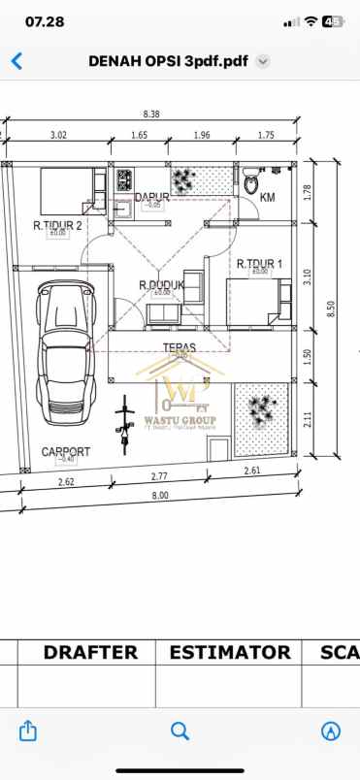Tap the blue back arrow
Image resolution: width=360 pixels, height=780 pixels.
pos(16,60)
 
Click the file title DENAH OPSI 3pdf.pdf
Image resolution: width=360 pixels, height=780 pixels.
pos(168,60)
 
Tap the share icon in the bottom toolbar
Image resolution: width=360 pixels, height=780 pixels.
pos(28,731)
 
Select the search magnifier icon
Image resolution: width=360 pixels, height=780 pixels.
pos(180,731)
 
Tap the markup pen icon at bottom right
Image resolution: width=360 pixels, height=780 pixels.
pos(331,731)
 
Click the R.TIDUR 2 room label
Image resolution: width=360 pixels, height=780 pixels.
pos(57,225)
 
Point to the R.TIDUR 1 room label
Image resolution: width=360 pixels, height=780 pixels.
pos(259,264)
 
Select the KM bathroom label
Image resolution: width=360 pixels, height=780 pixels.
pos(269,198)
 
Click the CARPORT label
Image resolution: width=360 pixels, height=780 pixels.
pos(66,452)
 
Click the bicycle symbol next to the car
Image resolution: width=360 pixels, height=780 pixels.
pos(123,427)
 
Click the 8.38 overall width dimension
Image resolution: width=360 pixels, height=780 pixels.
pos(151,114)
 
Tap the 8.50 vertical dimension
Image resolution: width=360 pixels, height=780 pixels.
pos(331,309)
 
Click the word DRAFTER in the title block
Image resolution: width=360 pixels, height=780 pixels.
pos(90,653)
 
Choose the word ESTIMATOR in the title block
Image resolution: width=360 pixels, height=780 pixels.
pos(230,653)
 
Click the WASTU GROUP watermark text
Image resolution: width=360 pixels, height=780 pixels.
pos(180,420)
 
